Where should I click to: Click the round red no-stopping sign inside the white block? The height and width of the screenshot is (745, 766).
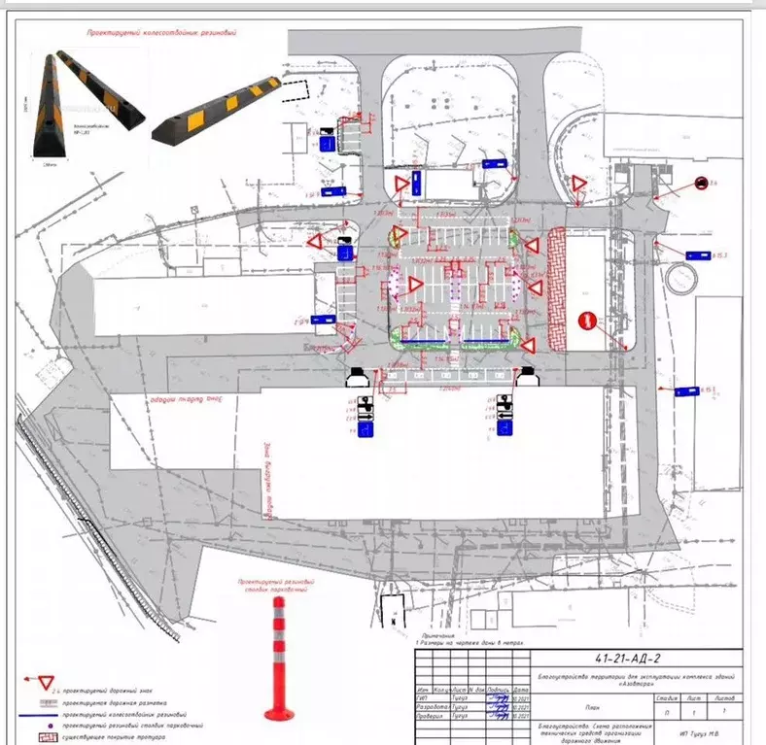pos(586,320)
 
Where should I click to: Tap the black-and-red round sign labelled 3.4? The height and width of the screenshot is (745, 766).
pos(701,182)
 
